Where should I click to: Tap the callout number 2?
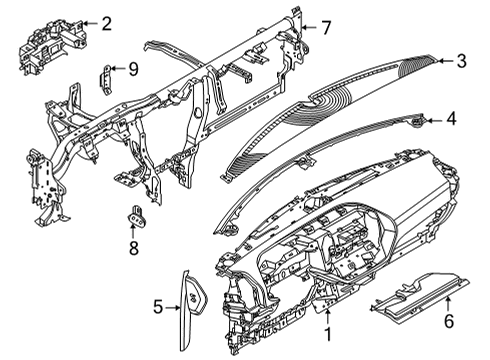[106, 22]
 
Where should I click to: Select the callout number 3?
[461, 61]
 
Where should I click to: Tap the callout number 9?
[132, 68]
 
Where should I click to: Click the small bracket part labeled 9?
[106, 76]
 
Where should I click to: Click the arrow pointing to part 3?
[442, 61]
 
